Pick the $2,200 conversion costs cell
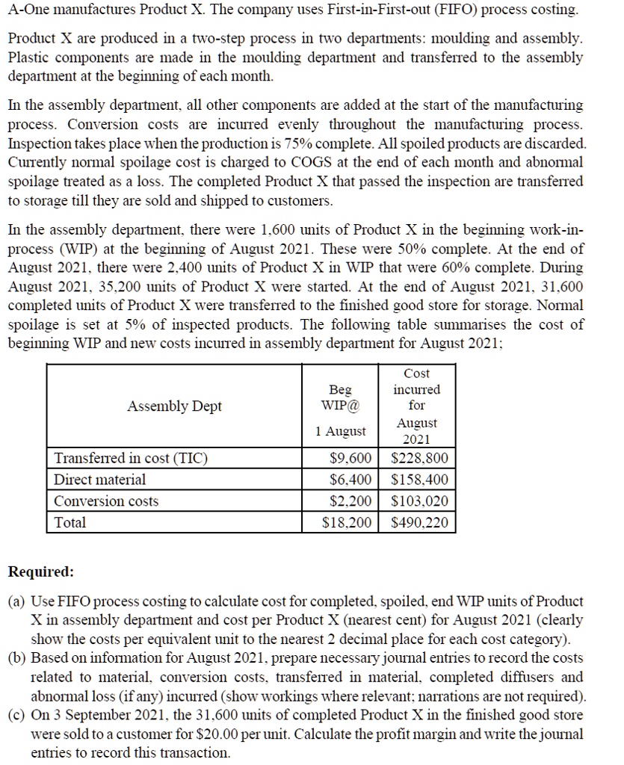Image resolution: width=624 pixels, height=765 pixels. coord(351,501)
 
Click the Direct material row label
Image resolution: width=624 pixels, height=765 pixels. coord(100,480)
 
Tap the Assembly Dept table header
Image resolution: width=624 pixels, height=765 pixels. coord(174,406)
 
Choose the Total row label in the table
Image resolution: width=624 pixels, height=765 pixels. coord(71,522)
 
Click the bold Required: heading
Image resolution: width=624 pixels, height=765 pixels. coord(40,572)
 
